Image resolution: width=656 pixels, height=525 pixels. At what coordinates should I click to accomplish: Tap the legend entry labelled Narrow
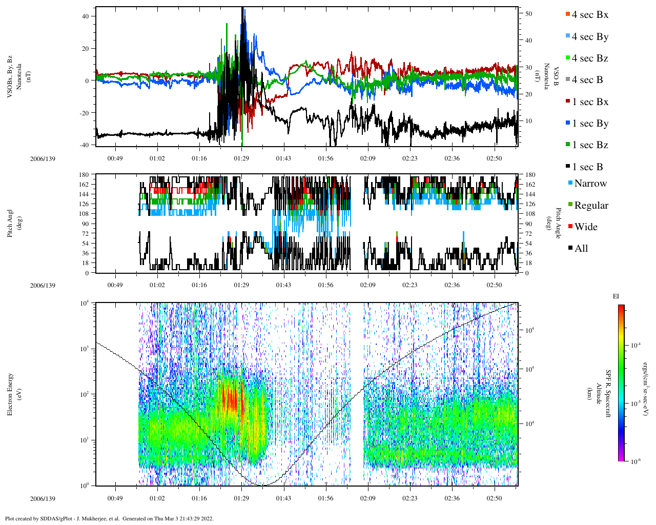(590, 184)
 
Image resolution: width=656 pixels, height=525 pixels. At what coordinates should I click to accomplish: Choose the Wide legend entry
(585, 227)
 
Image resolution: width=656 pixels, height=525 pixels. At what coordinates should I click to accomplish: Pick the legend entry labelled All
(581, 249)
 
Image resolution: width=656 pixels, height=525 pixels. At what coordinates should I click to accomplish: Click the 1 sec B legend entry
(587, 167)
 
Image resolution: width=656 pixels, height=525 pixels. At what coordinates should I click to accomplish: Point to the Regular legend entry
(591, 206)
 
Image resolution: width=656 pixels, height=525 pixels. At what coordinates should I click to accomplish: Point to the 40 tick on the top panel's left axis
(85, 16)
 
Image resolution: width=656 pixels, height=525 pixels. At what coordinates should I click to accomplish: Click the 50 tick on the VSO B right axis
(528, 14)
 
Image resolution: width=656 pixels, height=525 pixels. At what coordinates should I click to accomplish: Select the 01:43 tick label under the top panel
(283, 158)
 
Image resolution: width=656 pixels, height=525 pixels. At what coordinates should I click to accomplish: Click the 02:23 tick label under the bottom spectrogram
(409, 498)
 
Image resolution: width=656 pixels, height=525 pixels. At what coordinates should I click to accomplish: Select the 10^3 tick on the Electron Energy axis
(84, 349)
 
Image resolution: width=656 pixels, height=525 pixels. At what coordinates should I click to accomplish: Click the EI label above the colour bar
(616, 296)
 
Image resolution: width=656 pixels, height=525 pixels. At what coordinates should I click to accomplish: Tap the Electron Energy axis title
(10, 394)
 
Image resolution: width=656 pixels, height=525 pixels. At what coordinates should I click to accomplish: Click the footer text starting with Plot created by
(109, 518)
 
